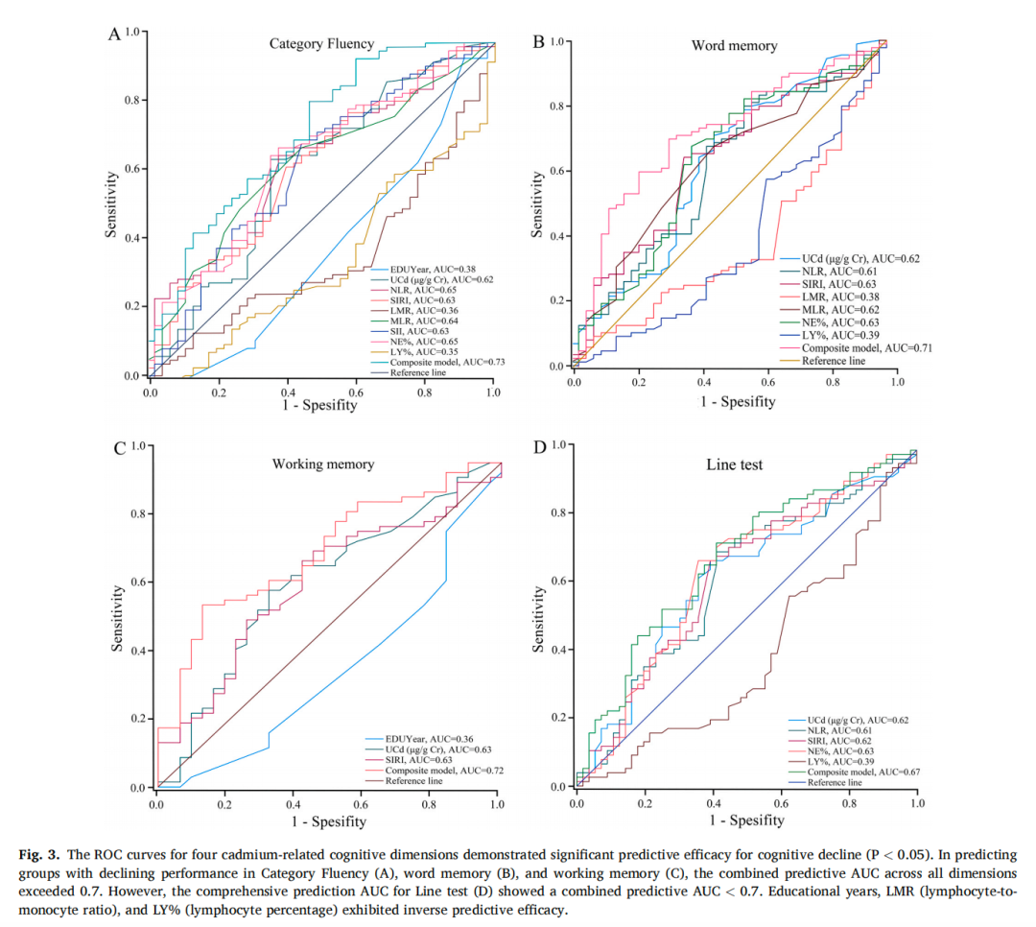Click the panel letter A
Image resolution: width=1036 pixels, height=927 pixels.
[114, 36]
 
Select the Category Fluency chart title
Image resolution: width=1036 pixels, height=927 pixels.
[321, 44]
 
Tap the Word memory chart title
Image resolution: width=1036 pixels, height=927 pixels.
[734, 46]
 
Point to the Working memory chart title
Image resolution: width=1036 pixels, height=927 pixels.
[323, 464]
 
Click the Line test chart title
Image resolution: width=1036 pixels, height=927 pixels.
[734, 465]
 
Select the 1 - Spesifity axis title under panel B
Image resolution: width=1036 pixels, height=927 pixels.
[736, 401]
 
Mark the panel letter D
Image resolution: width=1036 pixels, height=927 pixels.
[539, 449]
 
